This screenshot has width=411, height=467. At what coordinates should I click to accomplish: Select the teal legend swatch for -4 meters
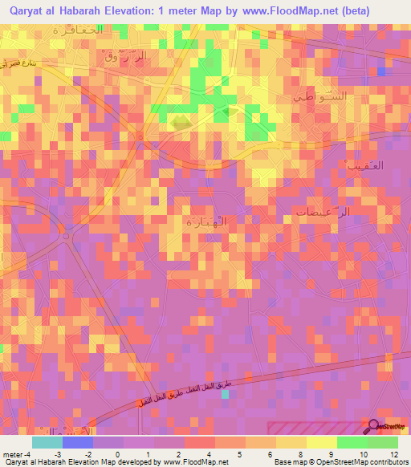(47, 442)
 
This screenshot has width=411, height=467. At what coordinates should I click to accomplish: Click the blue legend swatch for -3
(77, 442)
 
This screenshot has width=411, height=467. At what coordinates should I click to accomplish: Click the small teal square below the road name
(225, 404)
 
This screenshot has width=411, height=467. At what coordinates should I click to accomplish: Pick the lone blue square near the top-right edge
(380, 71)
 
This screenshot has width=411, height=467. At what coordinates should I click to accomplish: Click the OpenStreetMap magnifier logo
(374, 426)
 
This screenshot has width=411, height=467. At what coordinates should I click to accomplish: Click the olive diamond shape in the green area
(180, 122)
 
